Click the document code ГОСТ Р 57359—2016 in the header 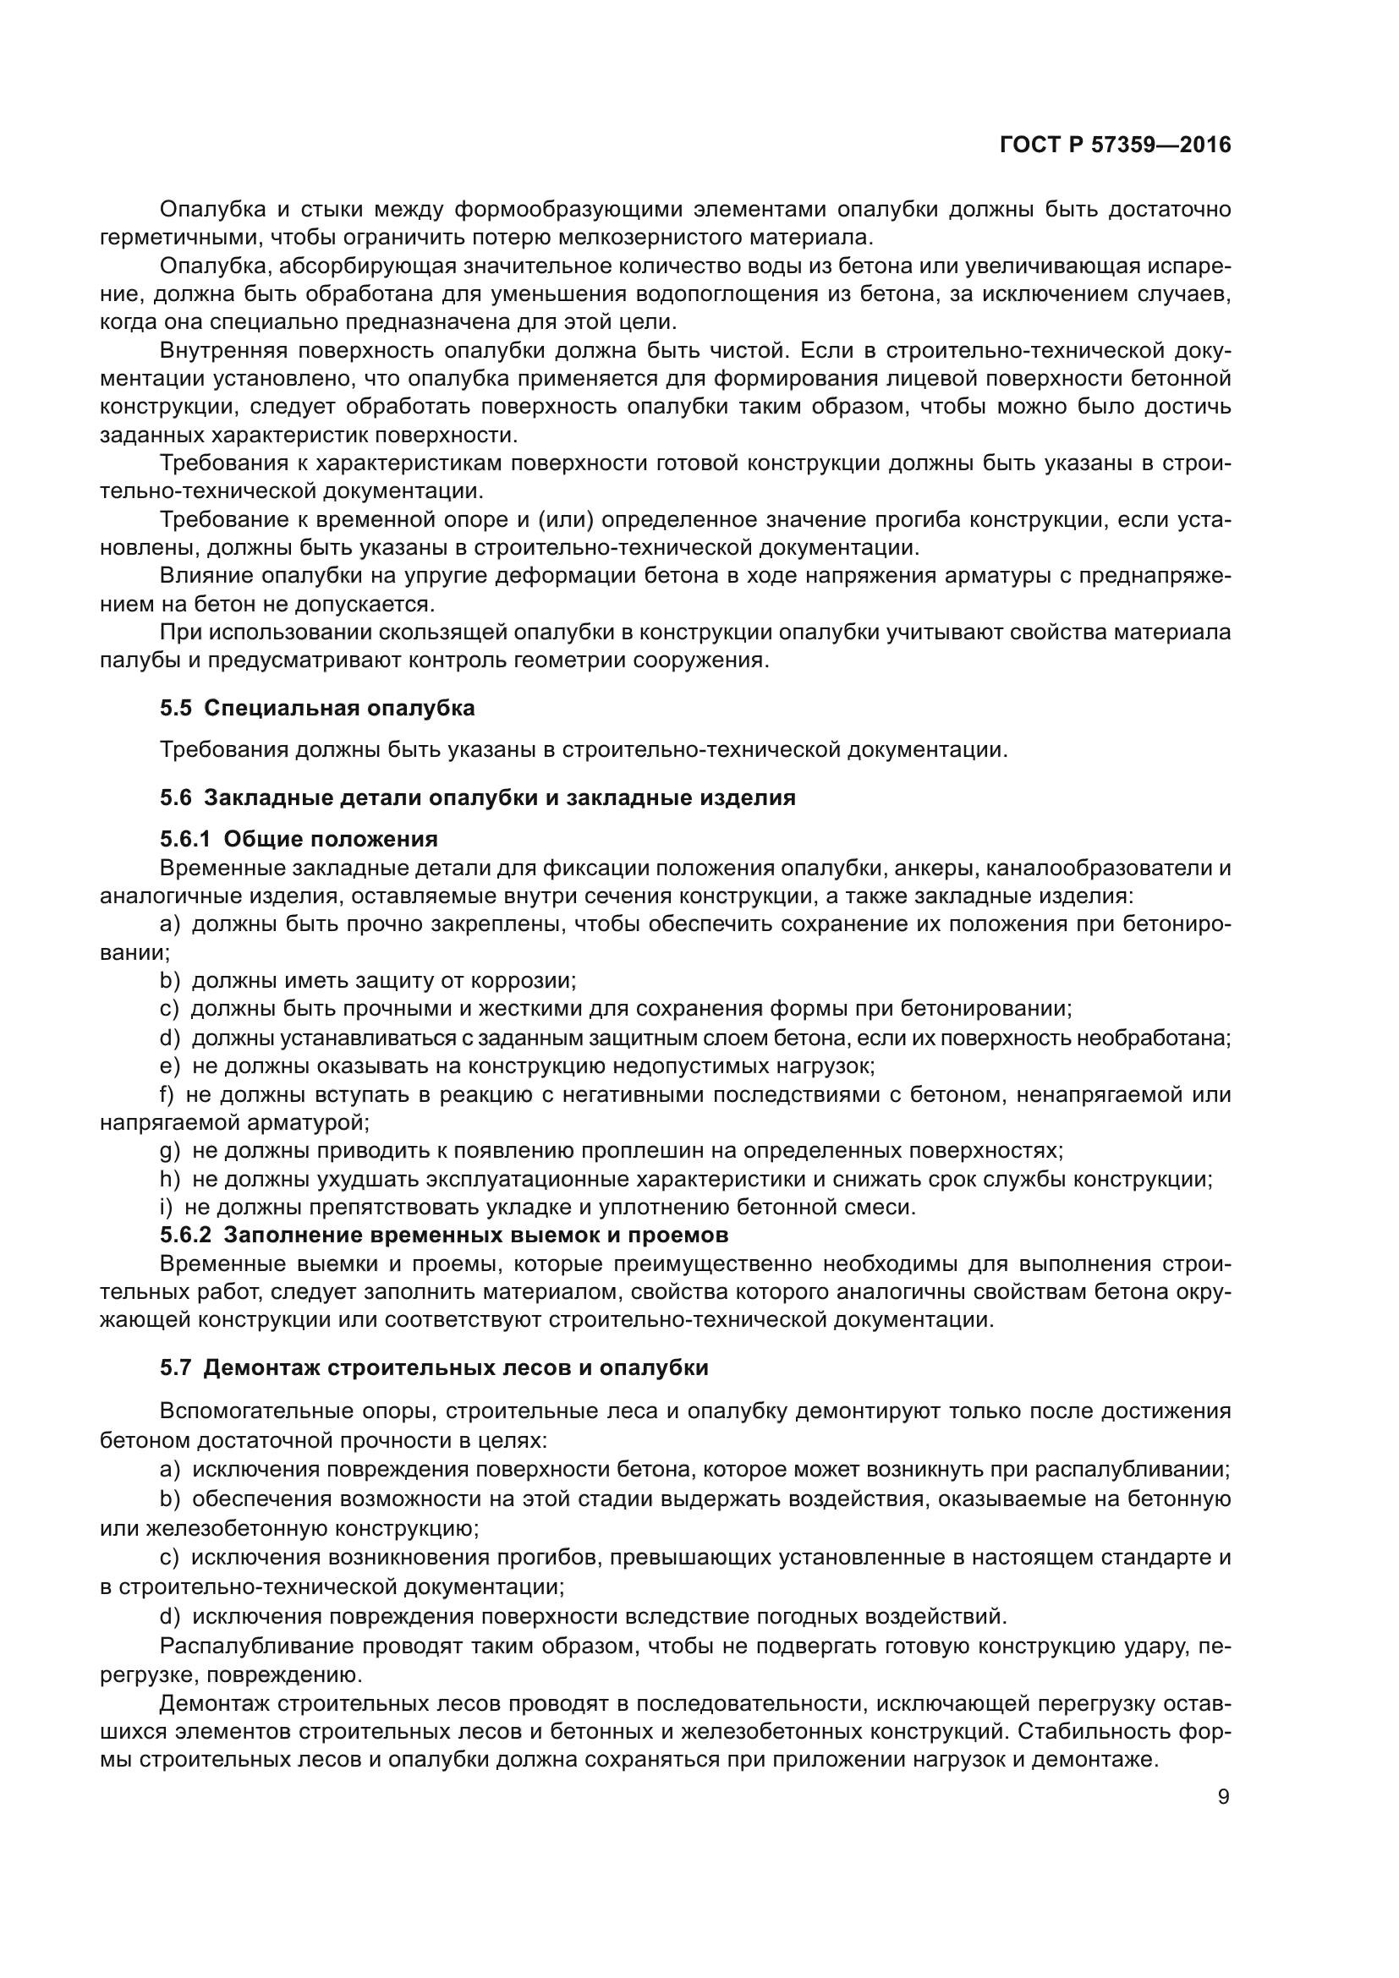pyautogui.click(x=1115, y=145)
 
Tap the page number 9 pyautogui.click(x=1224, y=1797)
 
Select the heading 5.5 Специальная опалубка pyautogui.click(x=317, y=708)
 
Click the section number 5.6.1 pyautogui.click(x=184, y=839)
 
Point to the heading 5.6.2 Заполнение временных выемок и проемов pyautogui.click(x=444, y=1236)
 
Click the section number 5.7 pyautogui.click(x=175, y=1368)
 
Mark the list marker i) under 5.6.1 pyautogui.click(x=167, y=1207)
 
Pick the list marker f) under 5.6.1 pyautogui.click(x=167, y=1095)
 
